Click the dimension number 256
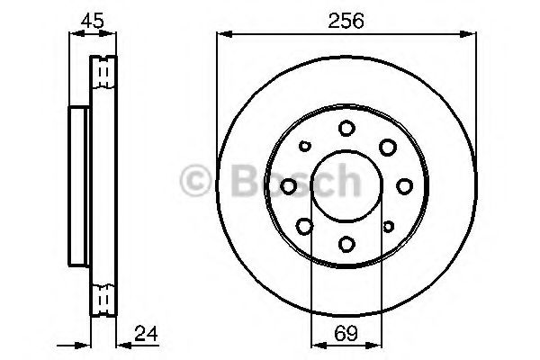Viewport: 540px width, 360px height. coord(346,21)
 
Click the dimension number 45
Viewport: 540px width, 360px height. coord(93,21)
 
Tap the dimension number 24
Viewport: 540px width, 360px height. coord(146,334)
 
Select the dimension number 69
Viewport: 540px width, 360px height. coord(346,334)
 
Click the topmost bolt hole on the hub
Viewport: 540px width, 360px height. coord(346,129)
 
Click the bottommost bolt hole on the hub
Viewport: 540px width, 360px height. coord(346,244)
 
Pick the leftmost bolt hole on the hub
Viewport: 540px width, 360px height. coord(289,186)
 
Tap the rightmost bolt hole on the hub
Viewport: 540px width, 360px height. coord(405,186)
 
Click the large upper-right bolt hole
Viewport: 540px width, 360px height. coord(388,147)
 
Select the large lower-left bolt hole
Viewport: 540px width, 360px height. coord(305,226)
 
